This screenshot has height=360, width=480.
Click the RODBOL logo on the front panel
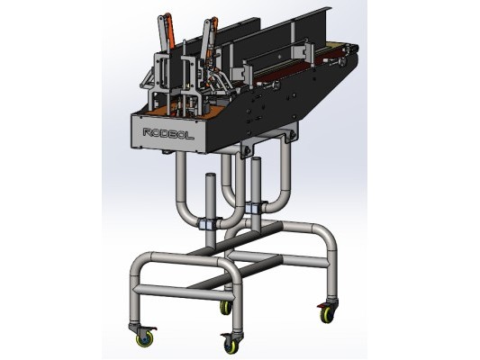coord(168,134)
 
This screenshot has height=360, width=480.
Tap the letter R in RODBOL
coord(149,132)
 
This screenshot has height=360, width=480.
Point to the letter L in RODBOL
coord(190,136)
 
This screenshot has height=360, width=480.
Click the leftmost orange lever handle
coord(170,30)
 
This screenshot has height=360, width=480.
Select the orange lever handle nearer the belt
coord(213,34)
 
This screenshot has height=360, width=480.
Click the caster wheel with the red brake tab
coord(327,312)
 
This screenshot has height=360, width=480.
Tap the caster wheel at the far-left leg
coord(143,337)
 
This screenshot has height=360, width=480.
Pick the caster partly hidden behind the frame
coord(226,307)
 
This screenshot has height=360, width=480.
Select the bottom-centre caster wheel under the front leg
coord(231,344)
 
